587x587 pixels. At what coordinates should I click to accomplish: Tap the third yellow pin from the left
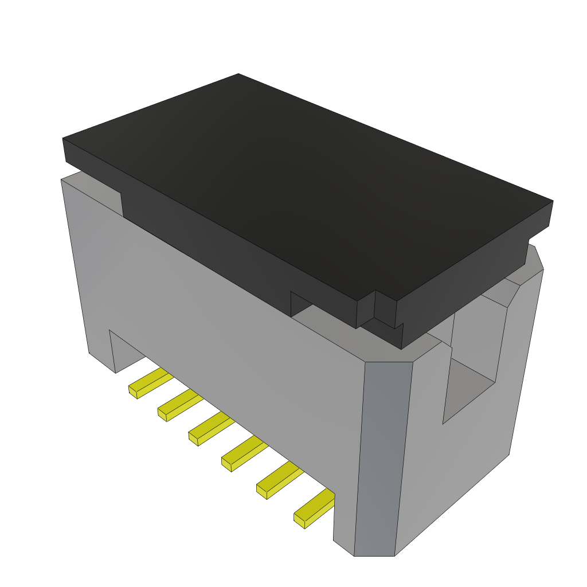click(x=210, y=427)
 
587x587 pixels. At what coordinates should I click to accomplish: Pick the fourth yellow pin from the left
click(x=244, y=452)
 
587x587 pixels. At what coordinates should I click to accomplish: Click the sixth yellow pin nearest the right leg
click(x=314, y=507)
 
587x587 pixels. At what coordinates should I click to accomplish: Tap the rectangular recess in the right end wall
click(x=473, y=355)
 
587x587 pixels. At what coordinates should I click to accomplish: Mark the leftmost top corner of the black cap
click(x=64, y=139)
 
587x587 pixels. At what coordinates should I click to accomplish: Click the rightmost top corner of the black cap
click(x=552, y=201)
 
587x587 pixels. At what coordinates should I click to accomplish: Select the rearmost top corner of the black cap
click(x=238, y=75)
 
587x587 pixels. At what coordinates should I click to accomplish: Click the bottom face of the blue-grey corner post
click(x=374, y=555)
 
